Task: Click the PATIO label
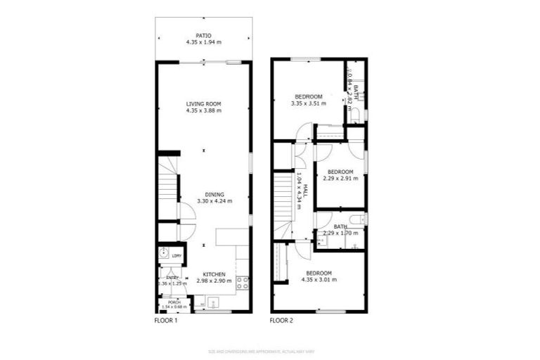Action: (203, 34)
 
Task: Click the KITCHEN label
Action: (214, 274)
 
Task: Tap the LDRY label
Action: (176, 255)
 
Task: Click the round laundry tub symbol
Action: (164, 255)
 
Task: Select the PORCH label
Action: (174, 302)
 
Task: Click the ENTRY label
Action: (172, 278)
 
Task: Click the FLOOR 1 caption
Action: (166, 321)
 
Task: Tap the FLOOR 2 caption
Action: (281, 321)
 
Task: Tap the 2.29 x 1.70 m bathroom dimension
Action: (340, 233)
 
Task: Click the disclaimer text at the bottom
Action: (270, 351)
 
